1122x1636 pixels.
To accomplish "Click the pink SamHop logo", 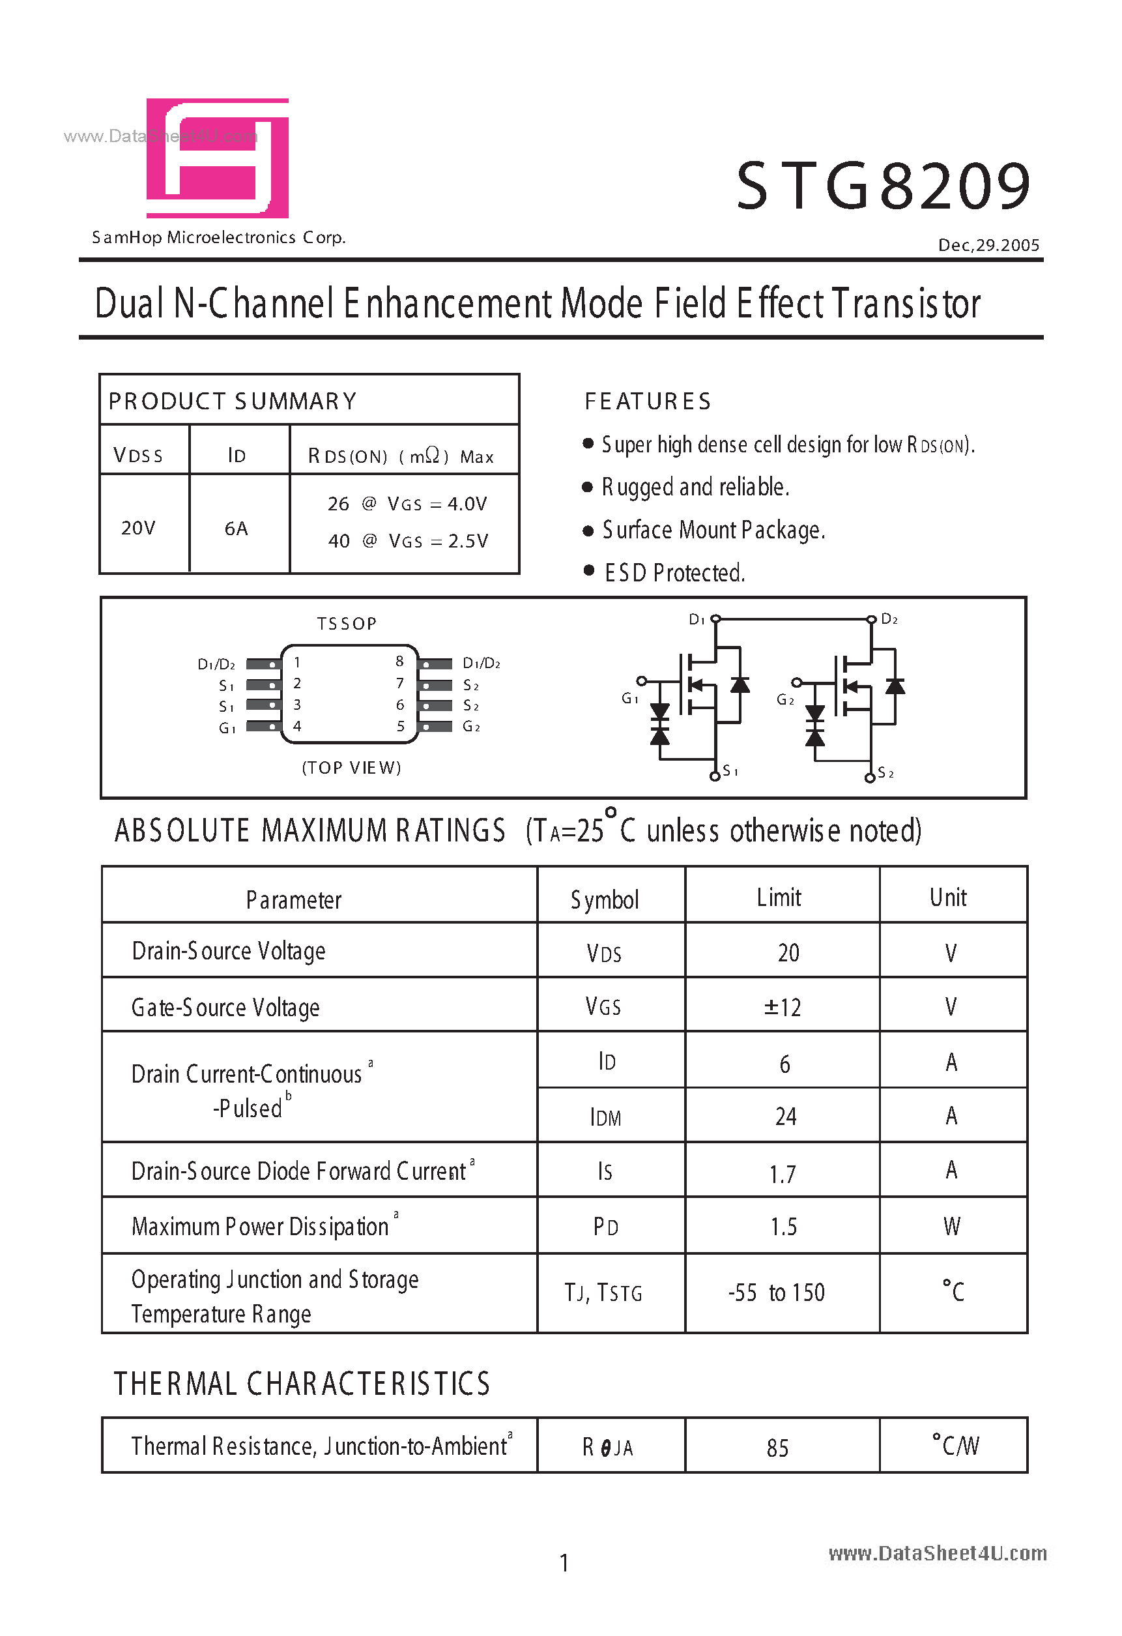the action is pyautogui.click(x=218, y=158).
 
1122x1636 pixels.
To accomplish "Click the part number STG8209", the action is pyautogui.click(x=884, y=186).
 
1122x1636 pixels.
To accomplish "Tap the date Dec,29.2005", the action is pyautogui.click(x=988, y=245).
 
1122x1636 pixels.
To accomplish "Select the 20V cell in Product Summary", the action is pyautogui.click(x=138, y=528).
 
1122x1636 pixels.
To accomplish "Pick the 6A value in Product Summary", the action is pyautogui.click(x=237, y=528).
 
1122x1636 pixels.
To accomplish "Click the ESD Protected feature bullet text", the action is pyautogui.click(x=674, y=573).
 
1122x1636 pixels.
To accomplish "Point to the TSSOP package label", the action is pyautogui.click(x=347, y=624).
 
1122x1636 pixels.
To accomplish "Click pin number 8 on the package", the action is pyautogui.click(x=400, y=661).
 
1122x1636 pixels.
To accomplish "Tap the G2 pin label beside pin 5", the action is pyautogui.click(x=472, y=727).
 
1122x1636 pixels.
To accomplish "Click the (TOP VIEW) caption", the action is pyautogui.click(x=351, y=767).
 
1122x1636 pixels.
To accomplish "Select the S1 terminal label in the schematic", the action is pyautogui.click(x=730, y=772).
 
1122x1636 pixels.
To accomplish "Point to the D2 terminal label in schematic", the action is pyautogui.click(x=890, y=619).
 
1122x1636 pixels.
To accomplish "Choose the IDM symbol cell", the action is pyautogui.click(x=605, y=1117).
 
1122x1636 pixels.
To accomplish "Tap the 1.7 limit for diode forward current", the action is pyautogui.click(x=783, y=1173).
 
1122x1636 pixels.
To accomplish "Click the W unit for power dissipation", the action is pyautogui.click(x=952, y=1226).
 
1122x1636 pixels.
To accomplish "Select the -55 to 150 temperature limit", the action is pyautogui.click(x=777, y=1293).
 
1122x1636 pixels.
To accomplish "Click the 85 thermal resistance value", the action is pyautogui.click(x=778, y=1448).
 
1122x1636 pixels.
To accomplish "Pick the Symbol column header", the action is pyautogui.click(x=605, y=899).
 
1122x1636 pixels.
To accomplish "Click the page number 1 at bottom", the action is pyautogui.click(x=564, y=1564).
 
